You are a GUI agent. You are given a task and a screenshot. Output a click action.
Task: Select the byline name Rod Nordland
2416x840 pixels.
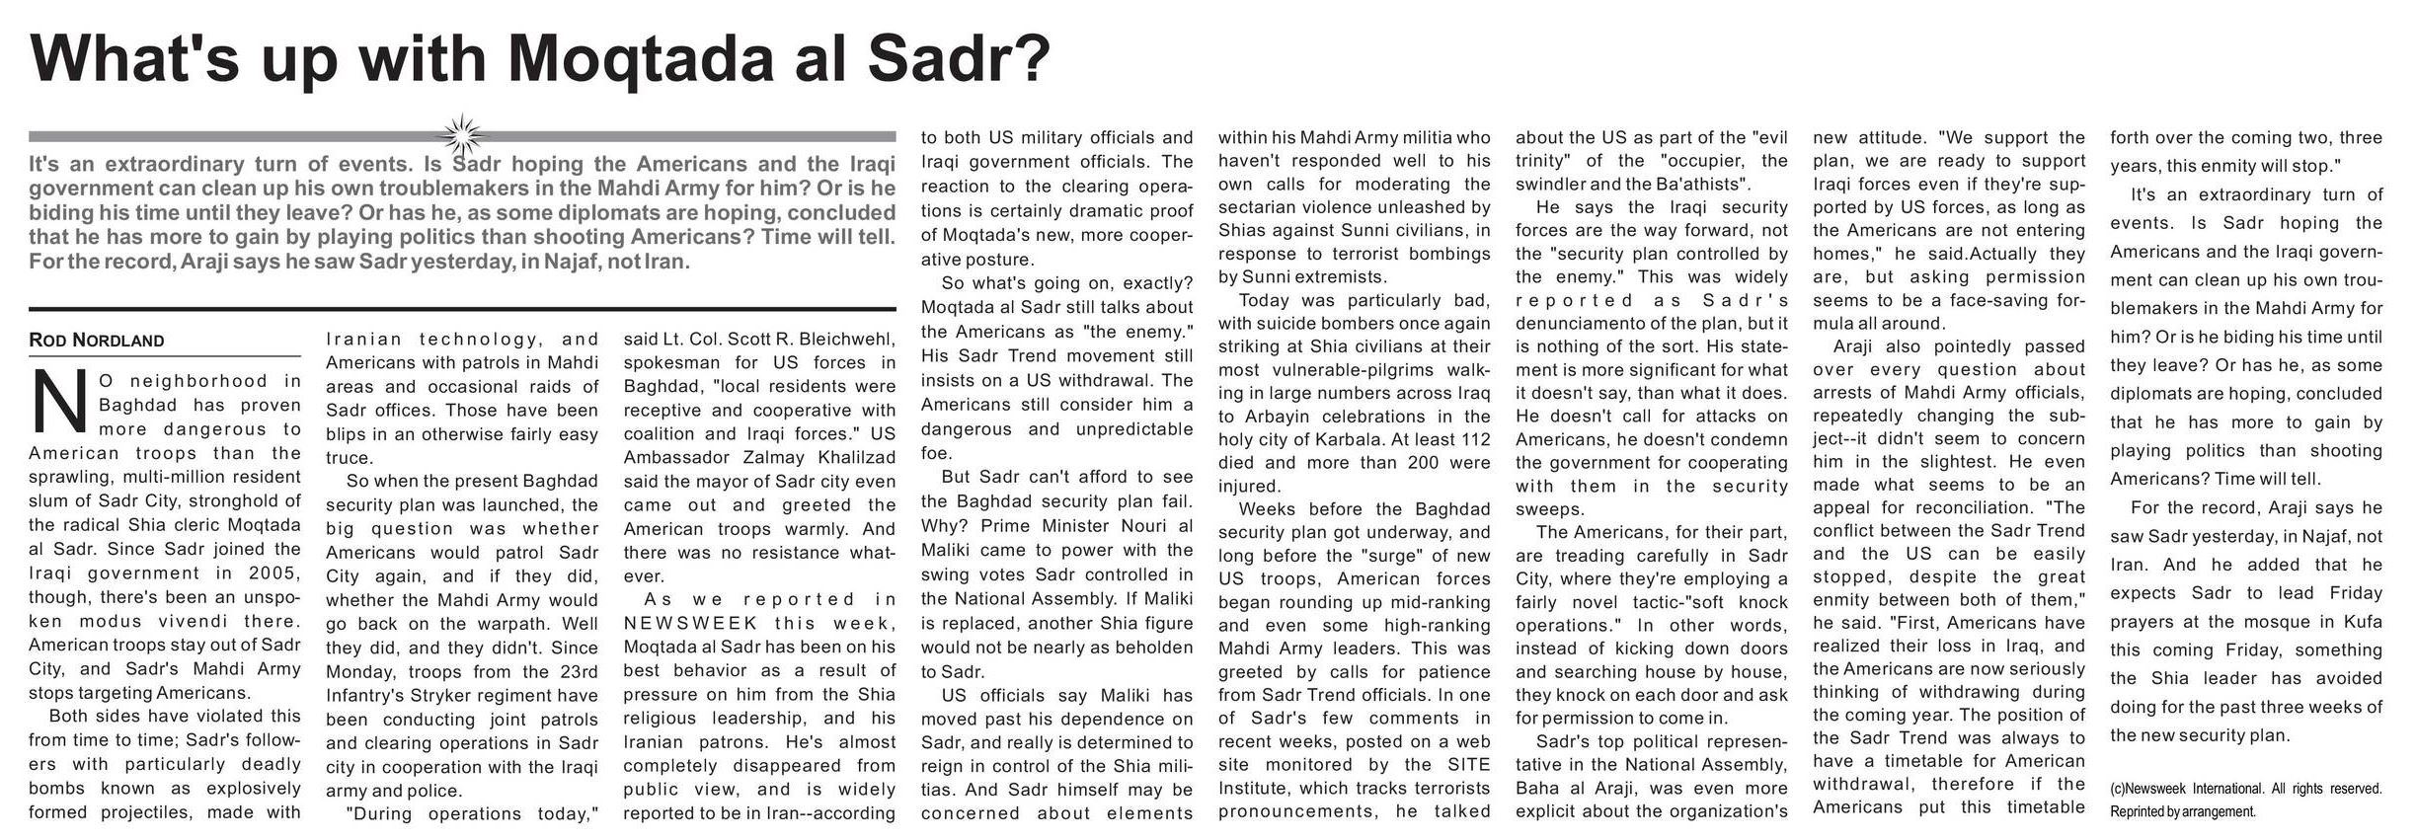click(97, 341)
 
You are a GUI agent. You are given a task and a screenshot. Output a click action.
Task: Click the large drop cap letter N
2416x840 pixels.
click(57, 401)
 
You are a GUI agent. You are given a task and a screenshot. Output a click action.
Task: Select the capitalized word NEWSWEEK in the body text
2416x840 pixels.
click(690, 623)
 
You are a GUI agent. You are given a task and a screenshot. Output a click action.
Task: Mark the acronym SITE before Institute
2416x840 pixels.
click(1469, 765)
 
